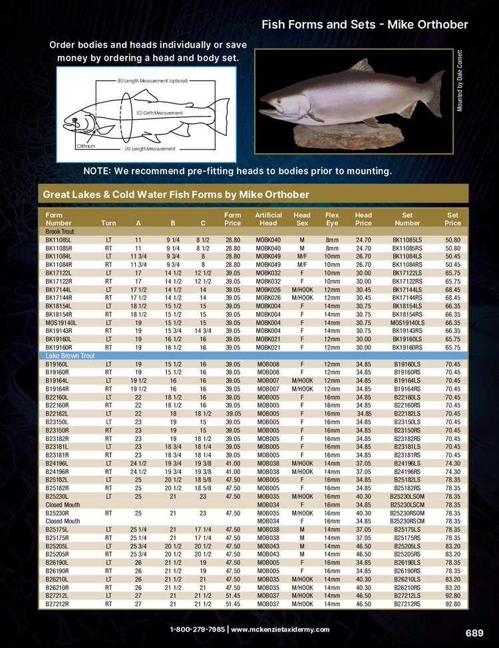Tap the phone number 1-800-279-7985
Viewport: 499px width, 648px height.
(197, 629)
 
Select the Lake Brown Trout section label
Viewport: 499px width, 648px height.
(70, 356)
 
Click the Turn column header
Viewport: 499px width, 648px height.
(108, 222)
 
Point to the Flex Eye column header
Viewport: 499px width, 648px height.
(332, 219)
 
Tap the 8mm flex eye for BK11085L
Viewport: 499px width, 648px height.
(332, 239)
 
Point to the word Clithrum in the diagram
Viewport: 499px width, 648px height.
(86, 145)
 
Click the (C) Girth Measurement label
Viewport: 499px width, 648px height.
(159, 113)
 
